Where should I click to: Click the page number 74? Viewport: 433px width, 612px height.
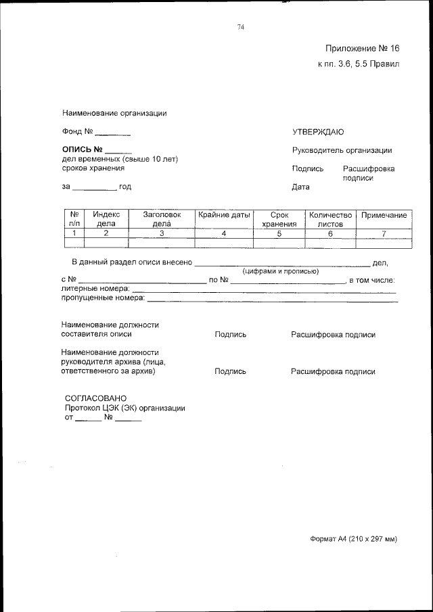240,27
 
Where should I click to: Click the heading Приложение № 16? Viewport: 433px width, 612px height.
362,48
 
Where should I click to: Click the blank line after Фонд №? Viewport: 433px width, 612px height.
112,132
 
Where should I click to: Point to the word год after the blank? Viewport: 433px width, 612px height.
124,187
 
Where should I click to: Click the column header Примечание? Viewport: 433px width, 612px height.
384,215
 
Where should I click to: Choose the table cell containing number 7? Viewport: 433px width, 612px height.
384,233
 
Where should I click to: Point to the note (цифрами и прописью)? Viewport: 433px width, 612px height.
281,271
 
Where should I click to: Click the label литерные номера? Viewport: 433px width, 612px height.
95,288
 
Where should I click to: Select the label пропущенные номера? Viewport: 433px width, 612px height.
103,298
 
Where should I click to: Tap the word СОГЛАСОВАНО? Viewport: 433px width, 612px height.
95,398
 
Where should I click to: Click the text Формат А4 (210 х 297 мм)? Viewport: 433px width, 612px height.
353,539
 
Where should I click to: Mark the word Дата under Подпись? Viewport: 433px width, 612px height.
300,187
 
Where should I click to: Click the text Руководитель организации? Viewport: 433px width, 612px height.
342,150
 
